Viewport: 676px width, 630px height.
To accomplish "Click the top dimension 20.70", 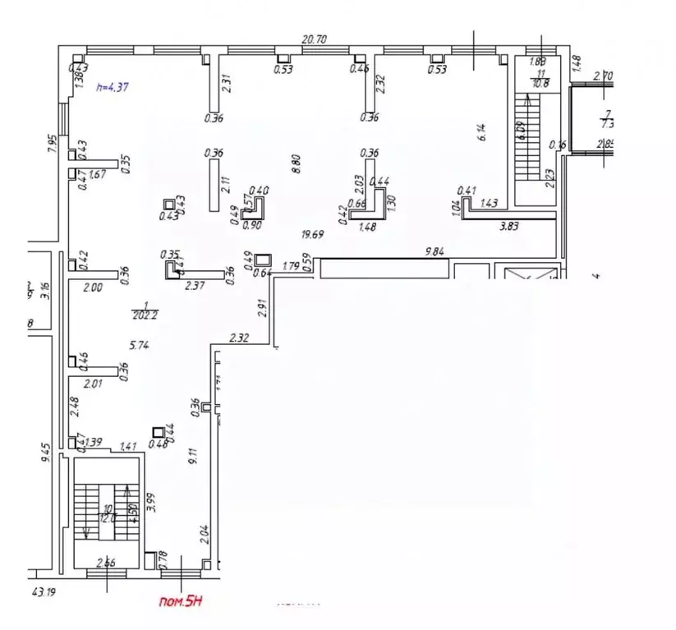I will pyautogui.click(x=315, y=39).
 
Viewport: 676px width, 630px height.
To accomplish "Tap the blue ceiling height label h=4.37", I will pyautogui.click(x=112, y=87).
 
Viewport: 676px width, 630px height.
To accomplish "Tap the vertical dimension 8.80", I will pyautogui.click(x=297, y=164).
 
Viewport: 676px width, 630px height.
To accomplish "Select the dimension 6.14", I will pyautogui.click(x=483, y=132).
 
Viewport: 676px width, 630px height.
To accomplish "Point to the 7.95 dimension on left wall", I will pyautogui.click(x=51, y=144).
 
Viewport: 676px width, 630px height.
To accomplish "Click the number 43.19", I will pyautogui.click(x=47, y=591).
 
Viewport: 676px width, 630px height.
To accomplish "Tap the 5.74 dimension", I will pyautogui.click(x=138, y=347).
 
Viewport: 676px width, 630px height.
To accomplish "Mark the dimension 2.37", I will pyautogui.click(x=195, y=286).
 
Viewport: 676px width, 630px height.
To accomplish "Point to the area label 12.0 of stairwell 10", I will pyautogui.click(x=106, y=517).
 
